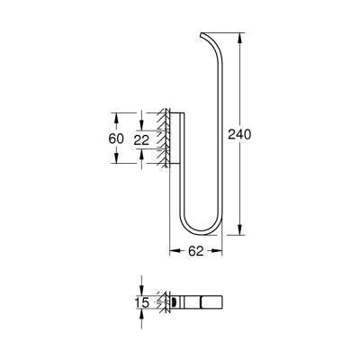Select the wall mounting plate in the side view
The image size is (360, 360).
pos(177,139)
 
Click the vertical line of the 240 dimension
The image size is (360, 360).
pos(242,180)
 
